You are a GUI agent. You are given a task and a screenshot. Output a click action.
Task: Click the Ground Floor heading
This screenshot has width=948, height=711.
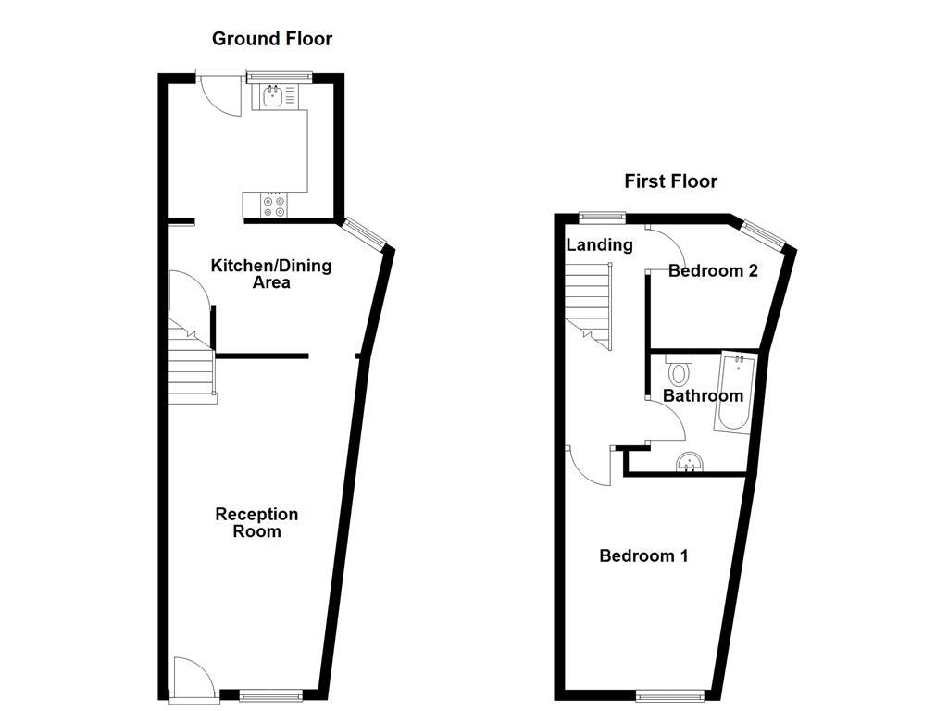click(x=271, y=38)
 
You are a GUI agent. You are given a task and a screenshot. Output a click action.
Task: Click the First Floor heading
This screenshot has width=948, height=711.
click(x=670, y=181)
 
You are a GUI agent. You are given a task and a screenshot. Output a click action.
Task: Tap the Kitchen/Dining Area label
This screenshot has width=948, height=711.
click(x=271, y=274)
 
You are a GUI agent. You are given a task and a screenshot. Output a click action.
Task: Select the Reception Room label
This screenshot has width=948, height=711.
click(x=256, y=522)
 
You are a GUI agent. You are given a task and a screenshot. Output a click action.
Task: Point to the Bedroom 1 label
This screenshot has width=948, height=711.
click(x=643, y=555)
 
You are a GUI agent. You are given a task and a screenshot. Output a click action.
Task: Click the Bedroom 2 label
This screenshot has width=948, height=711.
click(x=713, y=270)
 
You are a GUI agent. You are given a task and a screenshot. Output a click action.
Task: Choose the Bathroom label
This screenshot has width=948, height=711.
click(x=703, y=395)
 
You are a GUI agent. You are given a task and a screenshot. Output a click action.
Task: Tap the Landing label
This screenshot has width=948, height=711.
click(x=599, y=244)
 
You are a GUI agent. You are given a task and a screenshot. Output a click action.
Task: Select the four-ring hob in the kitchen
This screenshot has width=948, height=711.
click(x=275, y=206)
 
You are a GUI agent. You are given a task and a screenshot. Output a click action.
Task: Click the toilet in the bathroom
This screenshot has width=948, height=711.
click(x=679, y=371)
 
